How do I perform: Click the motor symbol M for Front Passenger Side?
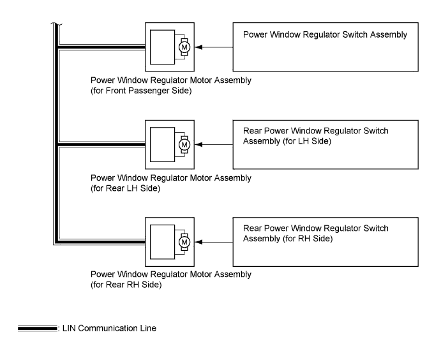pos(184,47)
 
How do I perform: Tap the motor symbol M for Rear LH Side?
pos(184,144)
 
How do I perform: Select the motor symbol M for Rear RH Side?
pos(184,242)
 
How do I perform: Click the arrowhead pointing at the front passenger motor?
pos(198,47)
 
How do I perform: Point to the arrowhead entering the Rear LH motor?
pos(198,144)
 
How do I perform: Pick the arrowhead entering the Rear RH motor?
pos(198,242)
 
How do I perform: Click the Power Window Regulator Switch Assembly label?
pos(325,34)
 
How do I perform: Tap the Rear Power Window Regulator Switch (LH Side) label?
pos(315,136)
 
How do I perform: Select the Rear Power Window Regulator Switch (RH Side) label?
pos(315,234)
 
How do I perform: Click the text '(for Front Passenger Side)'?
pos(141,91)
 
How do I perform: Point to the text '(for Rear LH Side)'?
pos(126,188)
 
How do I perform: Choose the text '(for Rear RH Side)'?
pos(126,285)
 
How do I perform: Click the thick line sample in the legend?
pos(38,328)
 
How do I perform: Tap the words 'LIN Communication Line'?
pos(109,328)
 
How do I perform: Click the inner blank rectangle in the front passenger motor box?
pos(162,47)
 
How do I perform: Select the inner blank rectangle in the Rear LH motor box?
pos(162,144)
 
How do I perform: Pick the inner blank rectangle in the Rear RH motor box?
pos(162,242)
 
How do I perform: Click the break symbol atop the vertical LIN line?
pos(57,24)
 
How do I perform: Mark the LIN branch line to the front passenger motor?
pos(101,47)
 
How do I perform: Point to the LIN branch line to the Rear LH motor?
pos(101,144)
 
